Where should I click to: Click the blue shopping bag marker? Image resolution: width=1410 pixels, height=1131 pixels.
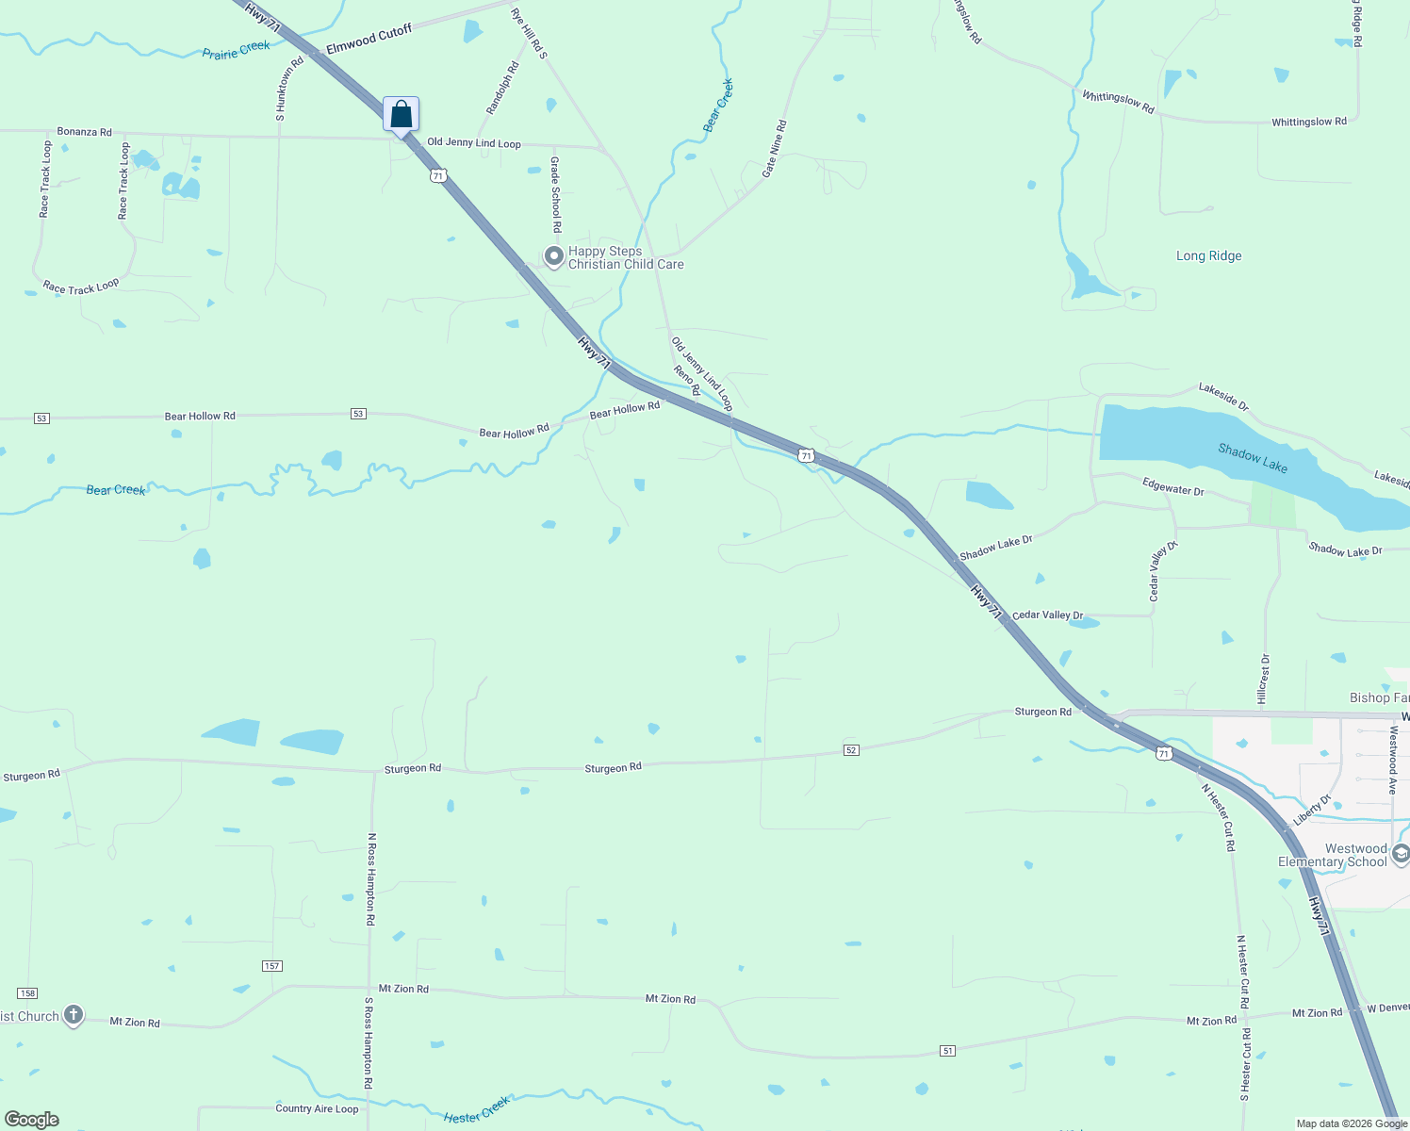[x=401, y=115]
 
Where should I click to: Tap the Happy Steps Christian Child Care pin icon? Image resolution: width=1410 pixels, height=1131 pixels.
[x=554, y=255]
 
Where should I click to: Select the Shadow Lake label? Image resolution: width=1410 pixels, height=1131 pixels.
[x=1252, y=458]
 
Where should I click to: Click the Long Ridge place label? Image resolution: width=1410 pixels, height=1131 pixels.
[x=1208, y=256]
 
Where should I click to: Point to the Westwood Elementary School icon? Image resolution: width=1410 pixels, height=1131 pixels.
[x=1400, y=854]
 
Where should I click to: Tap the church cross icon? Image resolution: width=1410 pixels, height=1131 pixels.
[x=74, y=1016]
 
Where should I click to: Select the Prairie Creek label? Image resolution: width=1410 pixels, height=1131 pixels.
[x=236, y=49]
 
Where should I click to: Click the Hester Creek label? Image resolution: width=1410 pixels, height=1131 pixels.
[x=477, y=1109]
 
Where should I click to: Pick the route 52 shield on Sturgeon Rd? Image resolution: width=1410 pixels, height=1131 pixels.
[x=851, y=750]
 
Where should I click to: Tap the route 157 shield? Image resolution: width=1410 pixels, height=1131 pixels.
[x=272, y=966]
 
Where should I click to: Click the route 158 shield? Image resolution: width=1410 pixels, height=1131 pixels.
[x=27, y=993]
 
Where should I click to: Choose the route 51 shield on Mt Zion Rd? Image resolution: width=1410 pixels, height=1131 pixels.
[x=948, y=1051]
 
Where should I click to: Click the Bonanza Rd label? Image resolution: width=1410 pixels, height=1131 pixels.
[x=84, y=132]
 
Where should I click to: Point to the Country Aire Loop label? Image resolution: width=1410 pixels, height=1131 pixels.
[x=317, y=1108]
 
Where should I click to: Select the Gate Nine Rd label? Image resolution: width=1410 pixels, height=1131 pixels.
[x=774, y=149]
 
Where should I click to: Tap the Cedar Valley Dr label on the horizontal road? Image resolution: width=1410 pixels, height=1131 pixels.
[x=1047, y=615]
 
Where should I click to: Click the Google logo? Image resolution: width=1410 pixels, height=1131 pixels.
[x=32, y=1120]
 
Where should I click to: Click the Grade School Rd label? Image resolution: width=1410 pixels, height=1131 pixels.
[x=556, y=195]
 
